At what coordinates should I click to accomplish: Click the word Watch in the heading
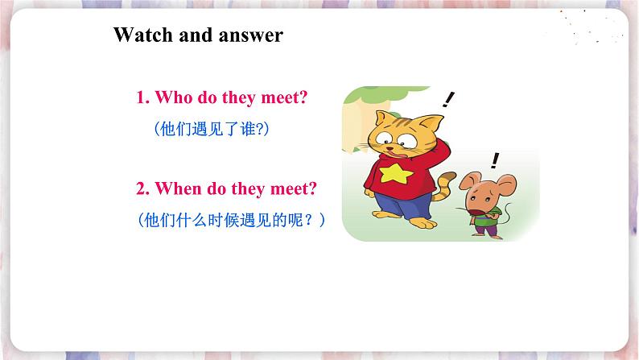[143, 35]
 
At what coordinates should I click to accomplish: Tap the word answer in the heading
[250, 35]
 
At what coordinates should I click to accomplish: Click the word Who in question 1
[174, 97]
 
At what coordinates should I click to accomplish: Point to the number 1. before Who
[143, 97]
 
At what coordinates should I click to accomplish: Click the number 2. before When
[143, 189]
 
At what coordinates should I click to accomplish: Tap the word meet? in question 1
[284, 97]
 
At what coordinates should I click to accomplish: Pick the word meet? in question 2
[294, 189]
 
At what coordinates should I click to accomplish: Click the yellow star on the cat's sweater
[396, 173]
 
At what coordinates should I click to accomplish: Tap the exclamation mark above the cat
[448, 100]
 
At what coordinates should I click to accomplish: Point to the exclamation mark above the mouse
[495, 160]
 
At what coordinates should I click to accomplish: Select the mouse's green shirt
[486, 218]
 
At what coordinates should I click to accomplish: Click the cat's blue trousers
[402, 205]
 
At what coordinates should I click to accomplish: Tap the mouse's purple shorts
[487, 230]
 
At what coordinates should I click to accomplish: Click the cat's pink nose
[390, 148]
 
